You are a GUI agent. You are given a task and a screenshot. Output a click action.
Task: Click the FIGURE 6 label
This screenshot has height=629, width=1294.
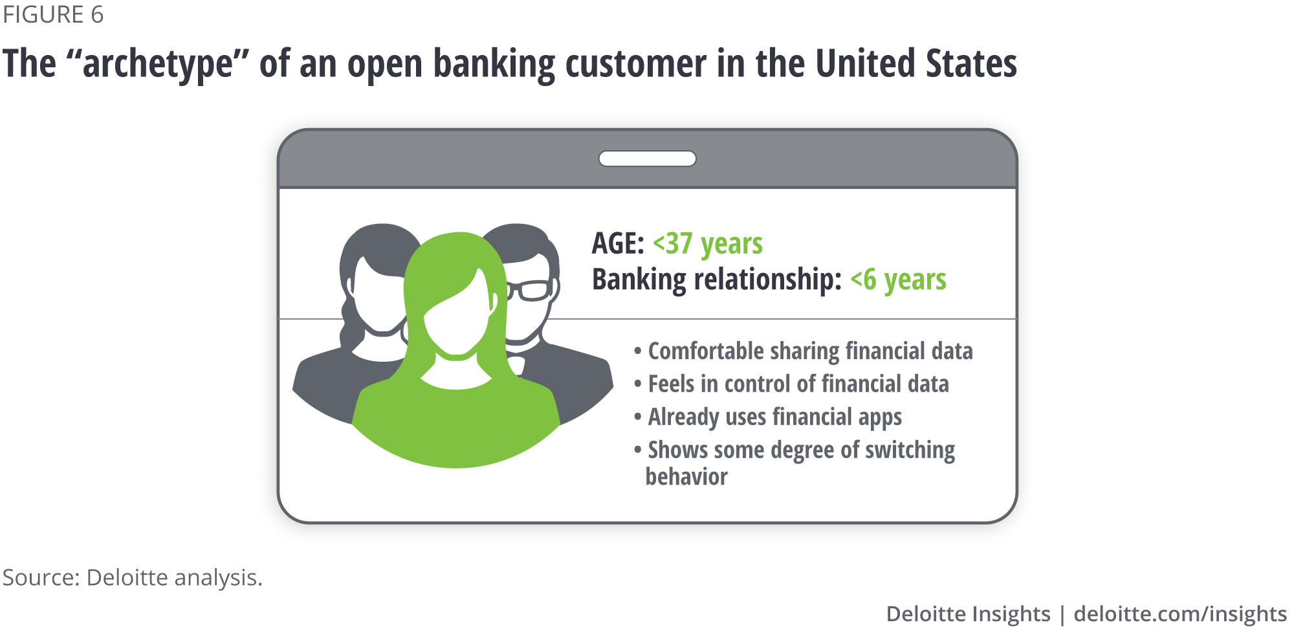(53, 14)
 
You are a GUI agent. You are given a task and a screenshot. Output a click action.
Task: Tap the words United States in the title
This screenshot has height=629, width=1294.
(916, 63)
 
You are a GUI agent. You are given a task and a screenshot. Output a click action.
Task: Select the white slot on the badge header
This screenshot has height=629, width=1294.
(647, 159)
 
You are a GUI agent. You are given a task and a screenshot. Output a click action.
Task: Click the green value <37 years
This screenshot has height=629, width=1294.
(708, 245)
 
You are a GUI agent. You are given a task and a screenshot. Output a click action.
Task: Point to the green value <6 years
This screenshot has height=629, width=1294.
(898, 280)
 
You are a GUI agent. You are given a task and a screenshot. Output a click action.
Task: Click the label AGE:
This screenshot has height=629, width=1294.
(618, 243)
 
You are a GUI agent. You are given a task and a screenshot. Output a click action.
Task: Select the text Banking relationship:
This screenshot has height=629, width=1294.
(717, 280)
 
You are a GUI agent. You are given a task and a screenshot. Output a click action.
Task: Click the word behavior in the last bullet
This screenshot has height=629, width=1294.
(686, 477)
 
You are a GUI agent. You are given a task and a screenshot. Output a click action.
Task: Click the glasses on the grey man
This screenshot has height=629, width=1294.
(531, 290)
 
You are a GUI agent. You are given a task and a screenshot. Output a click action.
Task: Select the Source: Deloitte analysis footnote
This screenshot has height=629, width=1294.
(133, 577)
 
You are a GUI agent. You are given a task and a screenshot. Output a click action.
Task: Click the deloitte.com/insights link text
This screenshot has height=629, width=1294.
(1180, 613)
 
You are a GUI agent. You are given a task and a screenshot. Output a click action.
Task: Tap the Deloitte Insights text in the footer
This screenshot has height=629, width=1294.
(968, 613)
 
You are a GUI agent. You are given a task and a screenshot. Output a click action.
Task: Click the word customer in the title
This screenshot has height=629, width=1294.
(636, 64)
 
